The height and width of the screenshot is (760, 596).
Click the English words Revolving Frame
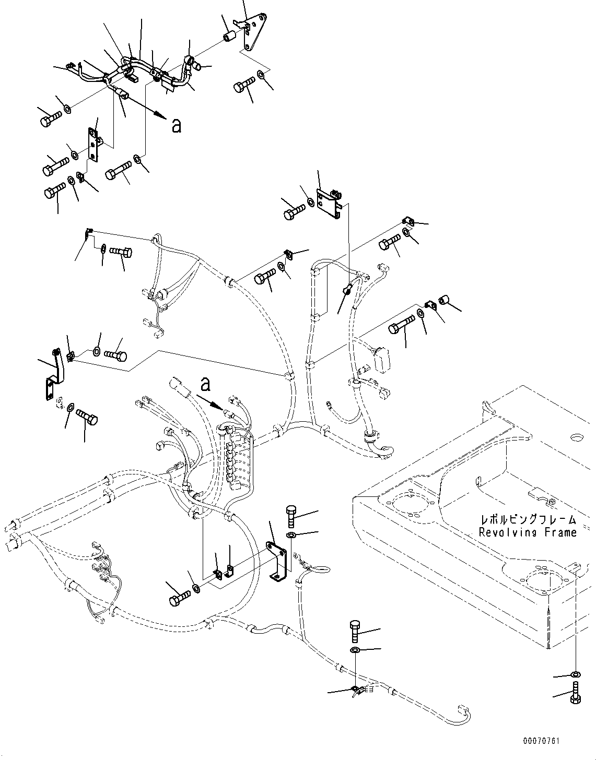click(x=528, y=532)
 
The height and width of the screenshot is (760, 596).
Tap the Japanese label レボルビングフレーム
click(x=529, y=520)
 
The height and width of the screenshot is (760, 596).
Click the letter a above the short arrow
click(x=206, y=384)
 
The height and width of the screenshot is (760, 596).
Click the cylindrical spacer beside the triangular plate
click(x=228, y=37)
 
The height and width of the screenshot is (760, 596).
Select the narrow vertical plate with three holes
click(x=94, y=147)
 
